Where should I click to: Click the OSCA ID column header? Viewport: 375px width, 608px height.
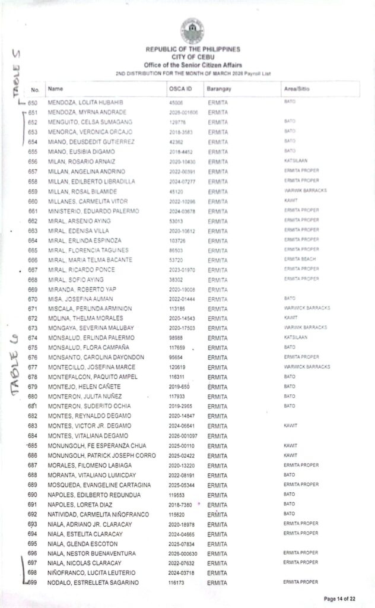click(180, 89)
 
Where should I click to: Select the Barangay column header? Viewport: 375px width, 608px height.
click(218, 89)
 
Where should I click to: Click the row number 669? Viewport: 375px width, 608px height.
click(33, 289)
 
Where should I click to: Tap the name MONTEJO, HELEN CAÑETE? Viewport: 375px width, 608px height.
click(81, 387)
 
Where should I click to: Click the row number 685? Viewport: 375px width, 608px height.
click(33, 445)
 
